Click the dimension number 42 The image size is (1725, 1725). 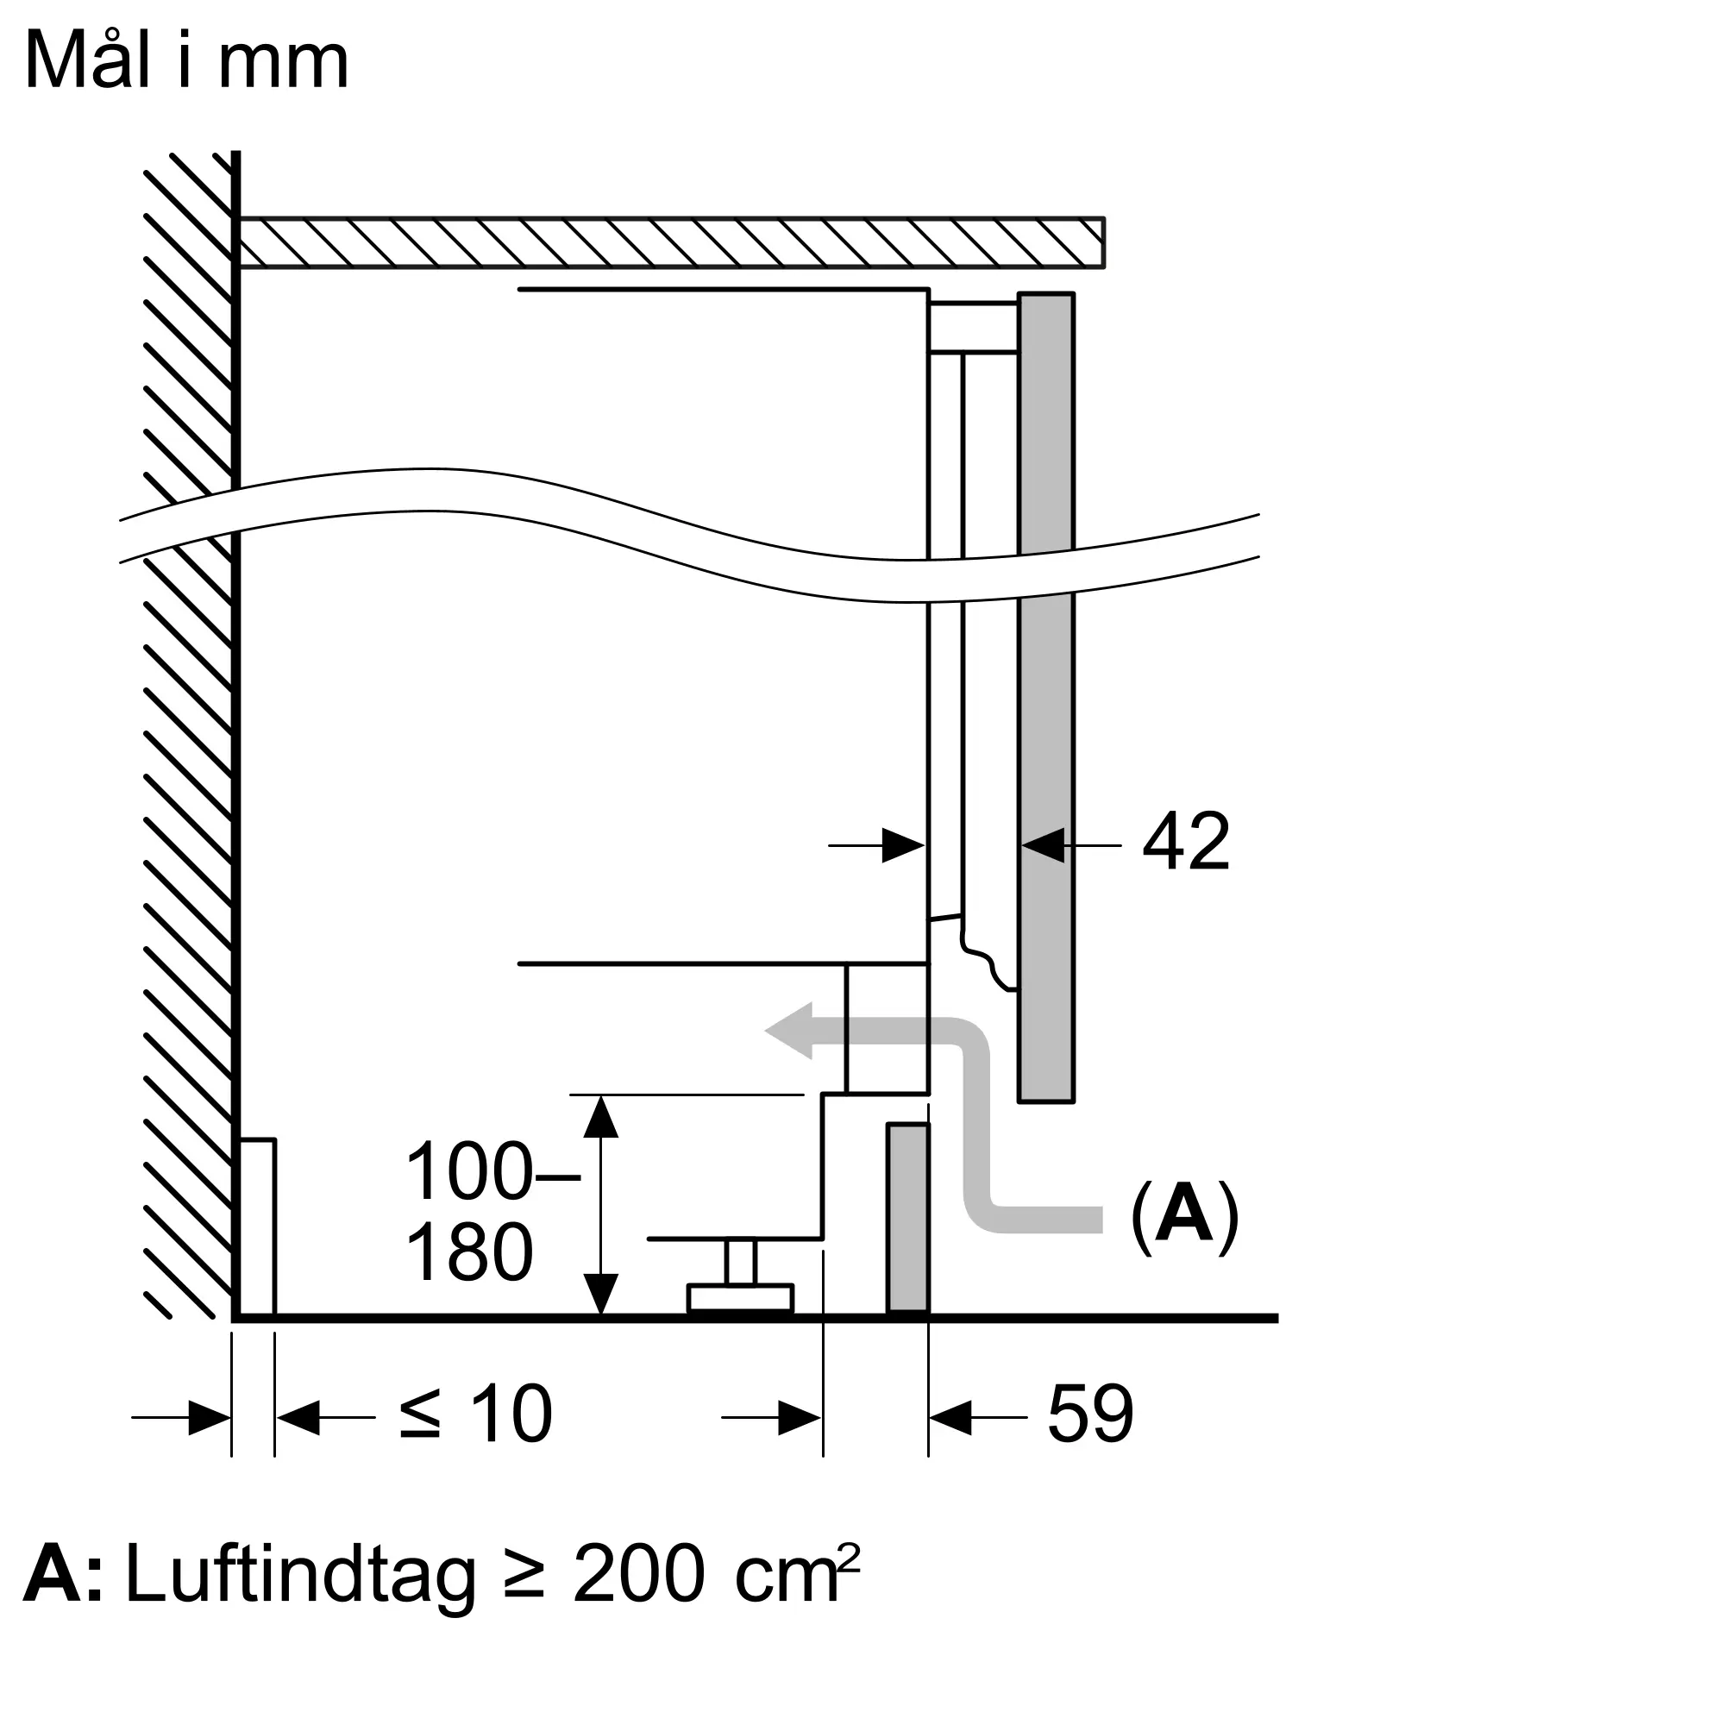1186,841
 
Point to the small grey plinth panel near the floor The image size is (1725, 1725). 908,1218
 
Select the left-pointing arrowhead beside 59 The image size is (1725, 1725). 949,1417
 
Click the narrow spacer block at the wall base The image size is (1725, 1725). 258,1226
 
